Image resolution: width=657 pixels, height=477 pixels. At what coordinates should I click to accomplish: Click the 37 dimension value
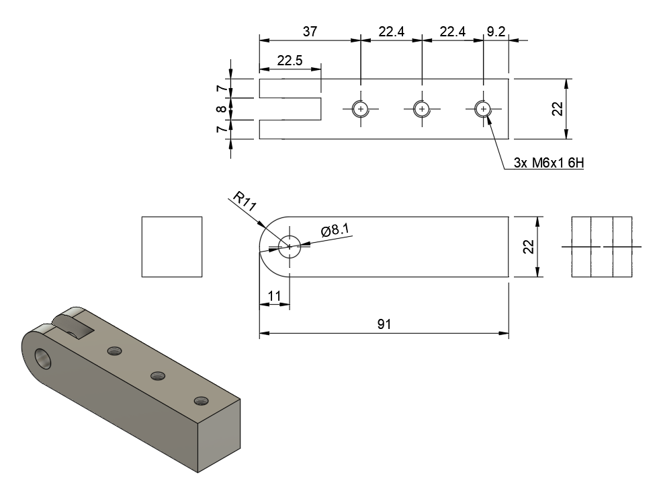309,31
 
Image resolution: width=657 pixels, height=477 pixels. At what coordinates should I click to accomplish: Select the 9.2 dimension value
496,31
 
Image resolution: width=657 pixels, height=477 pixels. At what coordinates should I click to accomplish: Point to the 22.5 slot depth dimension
290,60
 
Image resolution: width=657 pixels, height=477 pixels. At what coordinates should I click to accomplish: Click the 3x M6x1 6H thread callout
546,163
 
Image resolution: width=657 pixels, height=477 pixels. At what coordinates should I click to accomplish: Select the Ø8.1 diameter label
335,231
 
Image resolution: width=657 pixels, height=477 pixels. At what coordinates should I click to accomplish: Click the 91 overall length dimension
384,324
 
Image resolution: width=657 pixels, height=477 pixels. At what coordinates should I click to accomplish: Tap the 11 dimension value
274,295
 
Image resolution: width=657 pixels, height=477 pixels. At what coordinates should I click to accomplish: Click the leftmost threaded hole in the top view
361,109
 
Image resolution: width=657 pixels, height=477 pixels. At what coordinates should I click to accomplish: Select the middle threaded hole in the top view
421,109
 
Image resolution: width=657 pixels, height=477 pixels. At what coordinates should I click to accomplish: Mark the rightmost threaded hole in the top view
482,109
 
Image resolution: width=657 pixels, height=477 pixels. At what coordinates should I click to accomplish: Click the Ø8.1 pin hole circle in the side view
290,246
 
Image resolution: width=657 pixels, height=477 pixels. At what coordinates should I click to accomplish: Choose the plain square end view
172,246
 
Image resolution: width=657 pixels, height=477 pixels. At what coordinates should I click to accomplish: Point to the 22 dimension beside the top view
557,108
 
